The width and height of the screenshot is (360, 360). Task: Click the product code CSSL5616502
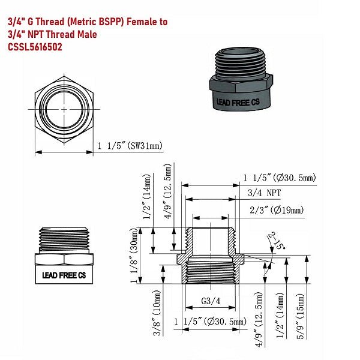pos(34,47)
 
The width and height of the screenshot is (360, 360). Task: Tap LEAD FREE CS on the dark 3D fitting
pos(238,103)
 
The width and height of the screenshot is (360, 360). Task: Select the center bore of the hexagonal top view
pos(64,110)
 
